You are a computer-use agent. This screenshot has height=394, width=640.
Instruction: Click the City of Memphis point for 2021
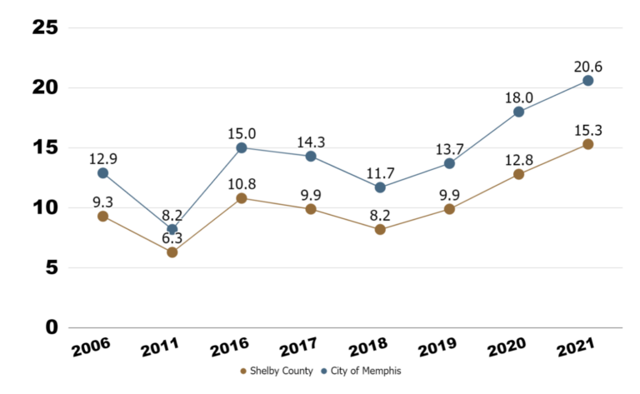587,81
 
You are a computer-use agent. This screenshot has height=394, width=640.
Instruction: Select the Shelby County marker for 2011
172,252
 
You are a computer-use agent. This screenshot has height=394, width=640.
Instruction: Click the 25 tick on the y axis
44,27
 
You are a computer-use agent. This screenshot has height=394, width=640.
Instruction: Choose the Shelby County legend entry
274,371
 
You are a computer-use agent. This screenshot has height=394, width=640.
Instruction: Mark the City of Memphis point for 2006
102,173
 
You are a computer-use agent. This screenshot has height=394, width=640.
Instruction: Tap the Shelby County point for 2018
380,229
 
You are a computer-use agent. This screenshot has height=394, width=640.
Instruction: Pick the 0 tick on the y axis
50,327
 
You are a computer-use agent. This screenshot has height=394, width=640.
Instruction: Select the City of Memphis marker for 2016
242,147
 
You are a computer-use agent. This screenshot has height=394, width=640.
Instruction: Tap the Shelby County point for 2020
518,174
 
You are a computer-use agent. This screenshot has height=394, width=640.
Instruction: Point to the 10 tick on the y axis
44,207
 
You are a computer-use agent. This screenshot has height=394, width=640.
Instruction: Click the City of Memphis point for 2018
380,187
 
